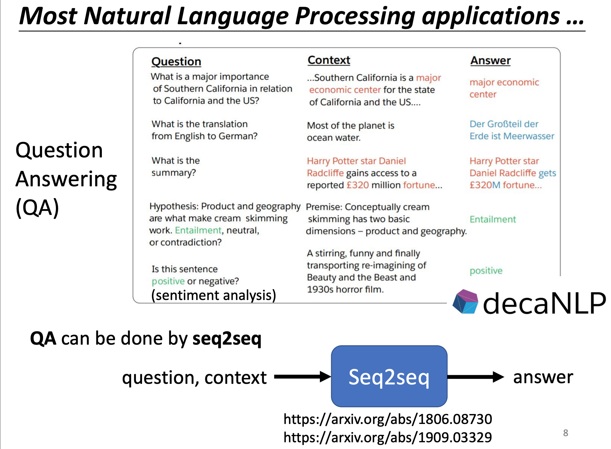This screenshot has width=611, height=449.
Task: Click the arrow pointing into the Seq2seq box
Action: [x=302, y=377]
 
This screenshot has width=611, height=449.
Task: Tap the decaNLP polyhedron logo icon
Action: [x=465, y=302]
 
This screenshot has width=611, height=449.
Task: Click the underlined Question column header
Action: [x=176, y=61]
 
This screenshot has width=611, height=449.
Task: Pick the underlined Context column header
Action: [x=329, y=60]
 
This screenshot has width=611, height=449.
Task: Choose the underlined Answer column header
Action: [x=490, y=60]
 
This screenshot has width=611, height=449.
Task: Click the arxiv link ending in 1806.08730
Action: [x=387, y=419]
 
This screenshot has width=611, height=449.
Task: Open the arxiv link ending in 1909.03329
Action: [x=387, y=437]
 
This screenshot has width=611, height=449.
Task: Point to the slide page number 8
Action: [x=565, y=433]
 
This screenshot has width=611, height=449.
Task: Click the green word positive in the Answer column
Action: [x=486, y=271]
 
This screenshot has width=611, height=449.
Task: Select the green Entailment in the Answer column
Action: [x=492, y=219]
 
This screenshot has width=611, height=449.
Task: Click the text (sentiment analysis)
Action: [x=214, y=295]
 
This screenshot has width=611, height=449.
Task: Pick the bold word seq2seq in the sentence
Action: [x=227, y=339]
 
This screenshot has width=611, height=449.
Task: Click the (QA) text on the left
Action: [x=37, y=207]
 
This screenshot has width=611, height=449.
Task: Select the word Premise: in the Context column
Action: [x=324, y=207]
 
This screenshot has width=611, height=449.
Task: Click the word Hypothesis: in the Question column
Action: [x=174, y=206]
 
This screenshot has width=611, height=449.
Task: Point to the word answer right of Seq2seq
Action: [x=543, y=377]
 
